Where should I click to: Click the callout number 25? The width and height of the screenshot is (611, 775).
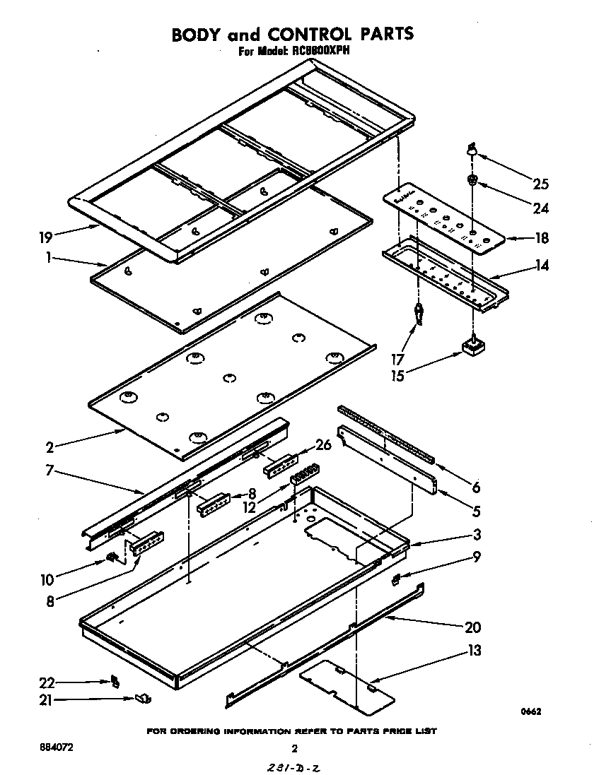coord(540,185)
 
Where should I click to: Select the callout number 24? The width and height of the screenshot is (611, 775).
coord(540,208)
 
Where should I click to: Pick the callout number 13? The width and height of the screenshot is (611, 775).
coord(474,650)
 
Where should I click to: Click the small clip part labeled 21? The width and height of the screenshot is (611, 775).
coord(144,699)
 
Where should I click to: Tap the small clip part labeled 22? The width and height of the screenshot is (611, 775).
coord(114,681)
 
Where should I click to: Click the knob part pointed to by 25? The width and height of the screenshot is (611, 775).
coord(470,149)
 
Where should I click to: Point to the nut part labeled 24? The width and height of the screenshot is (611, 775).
coord(472,181)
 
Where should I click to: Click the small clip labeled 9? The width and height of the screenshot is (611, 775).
coord(396,579)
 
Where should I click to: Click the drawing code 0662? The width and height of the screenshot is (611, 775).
coord(533,712)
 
